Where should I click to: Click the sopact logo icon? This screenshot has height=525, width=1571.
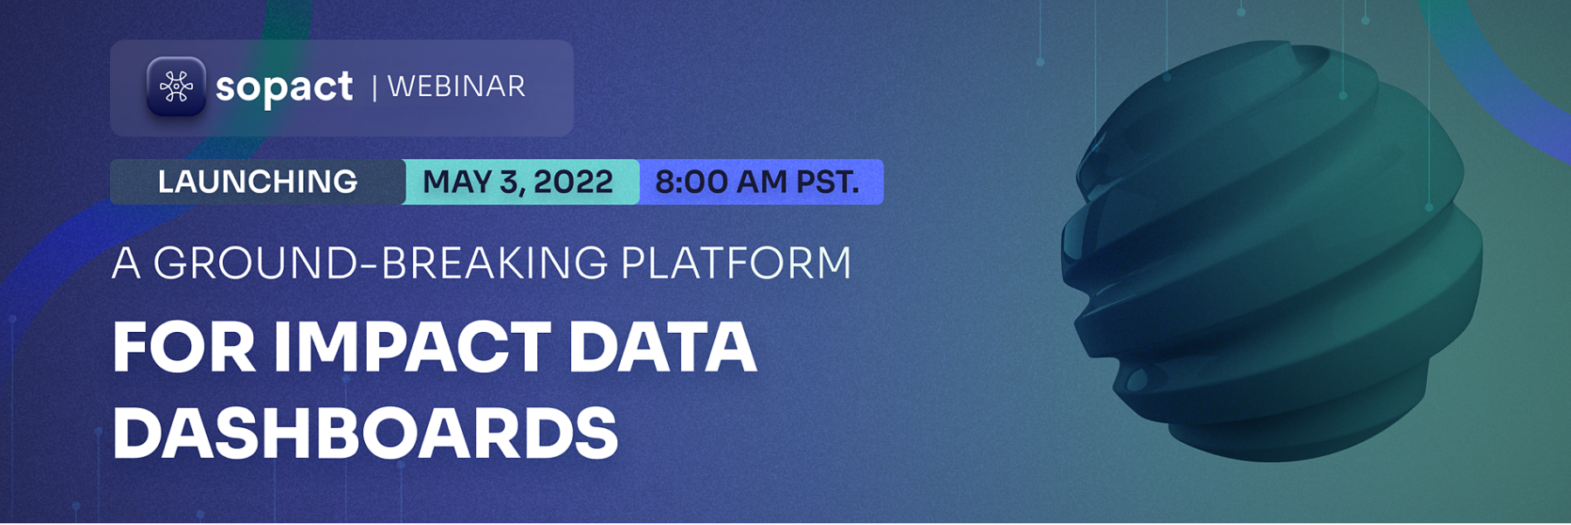pos(176,86)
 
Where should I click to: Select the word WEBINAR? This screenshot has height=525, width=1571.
pos(456,86)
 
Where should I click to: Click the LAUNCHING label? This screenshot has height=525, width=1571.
pos(258,182)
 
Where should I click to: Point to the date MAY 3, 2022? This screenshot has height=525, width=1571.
pos(518,182)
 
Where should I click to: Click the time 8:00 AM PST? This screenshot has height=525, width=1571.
pos(757,182)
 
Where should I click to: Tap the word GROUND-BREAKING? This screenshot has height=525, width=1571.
pos(380,263)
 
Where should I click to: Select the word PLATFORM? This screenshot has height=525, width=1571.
pos(736,263)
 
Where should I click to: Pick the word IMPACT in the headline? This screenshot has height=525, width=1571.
pos(412,347)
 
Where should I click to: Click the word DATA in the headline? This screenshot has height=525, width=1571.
pos(663,347)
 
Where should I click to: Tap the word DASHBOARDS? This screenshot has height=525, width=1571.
pos(365,432)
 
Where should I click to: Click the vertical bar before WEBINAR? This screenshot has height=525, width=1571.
pos(375,87)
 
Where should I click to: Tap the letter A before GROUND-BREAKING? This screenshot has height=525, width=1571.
pos(127,263)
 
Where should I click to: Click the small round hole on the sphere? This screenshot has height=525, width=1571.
pos(1136,379)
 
